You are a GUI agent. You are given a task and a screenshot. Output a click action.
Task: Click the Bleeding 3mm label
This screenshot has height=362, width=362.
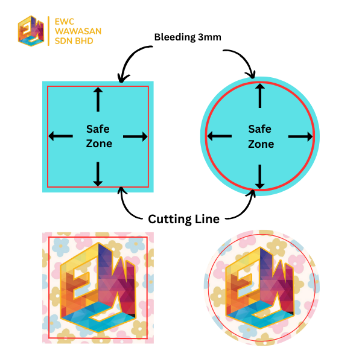tap(188, 37)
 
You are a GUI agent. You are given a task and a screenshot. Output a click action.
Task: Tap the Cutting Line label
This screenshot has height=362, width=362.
tap(183, 218)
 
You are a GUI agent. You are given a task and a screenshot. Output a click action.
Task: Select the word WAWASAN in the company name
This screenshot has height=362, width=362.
tap(77, 31)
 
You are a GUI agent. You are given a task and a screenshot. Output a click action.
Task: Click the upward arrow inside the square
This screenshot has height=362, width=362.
tap(98, 98)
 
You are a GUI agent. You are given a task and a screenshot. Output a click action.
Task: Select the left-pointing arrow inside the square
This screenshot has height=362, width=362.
tap(61, 136)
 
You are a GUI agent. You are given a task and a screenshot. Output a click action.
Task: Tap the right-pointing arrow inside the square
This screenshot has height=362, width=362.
tap(136, 137)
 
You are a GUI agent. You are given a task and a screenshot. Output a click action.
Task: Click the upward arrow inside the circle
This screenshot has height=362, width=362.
tap(260, 95)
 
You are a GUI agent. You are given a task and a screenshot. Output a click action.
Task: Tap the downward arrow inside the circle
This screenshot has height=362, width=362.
tap(260, 177)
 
